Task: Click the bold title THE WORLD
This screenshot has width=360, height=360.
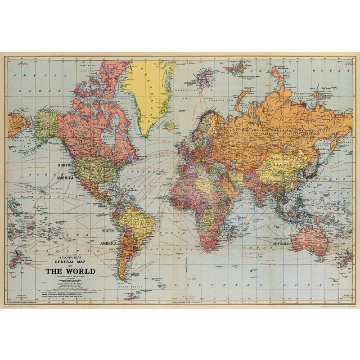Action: click(x=70, y=271)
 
